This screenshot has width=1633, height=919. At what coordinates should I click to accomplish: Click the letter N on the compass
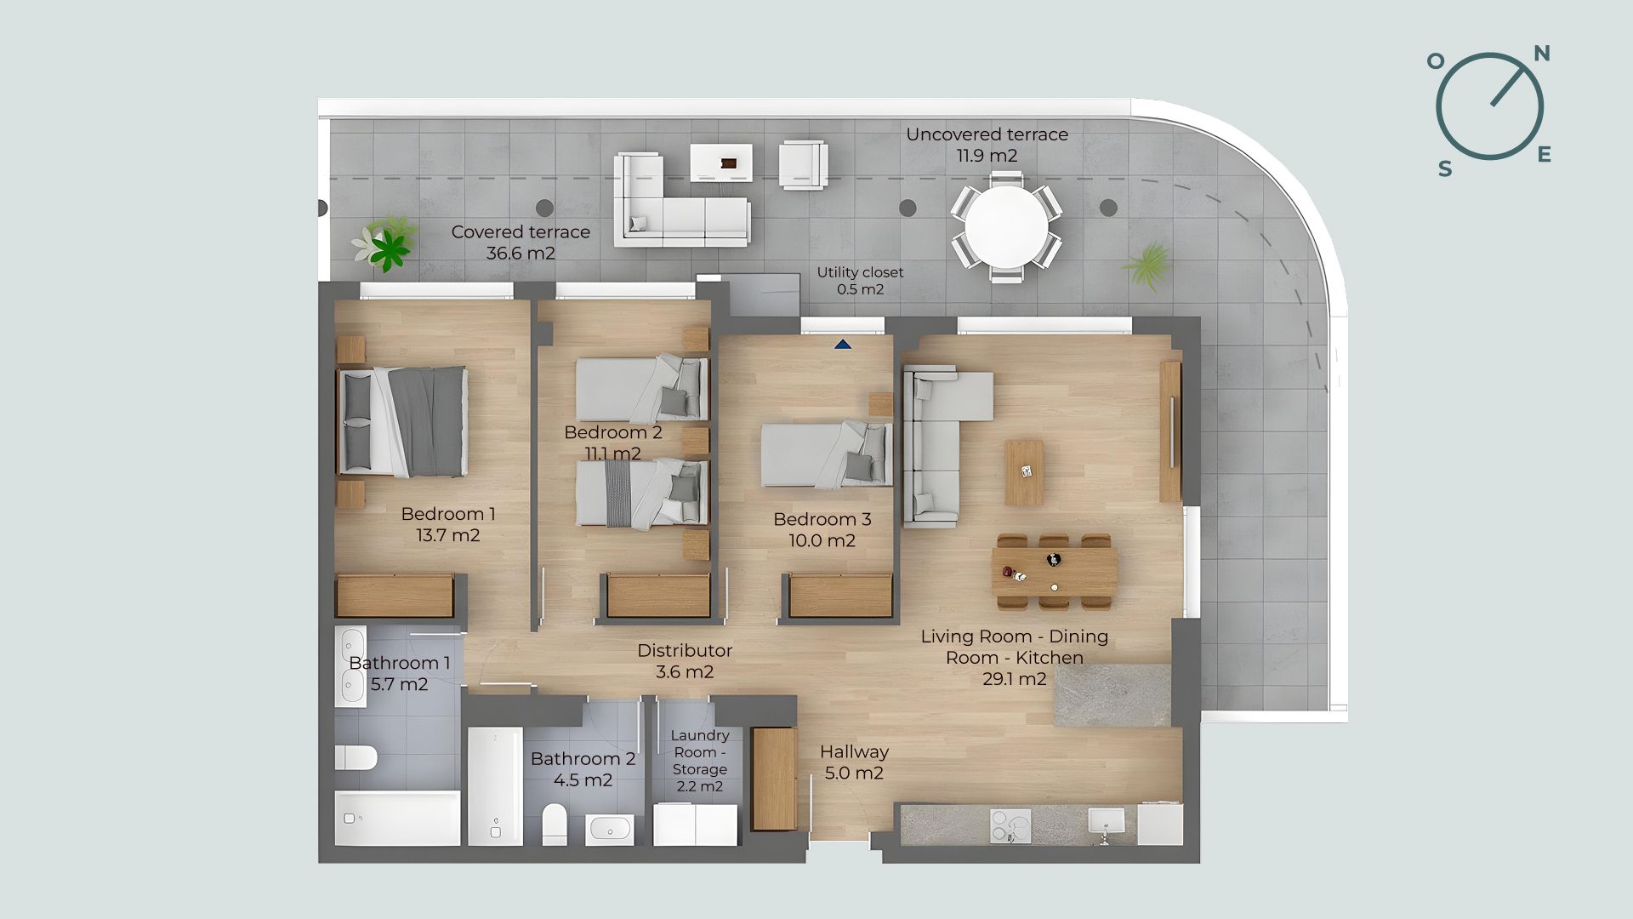pyautogui.click(x=1541, y=54)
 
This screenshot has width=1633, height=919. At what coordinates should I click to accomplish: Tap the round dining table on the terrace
pyautogui.click(x=1006, y=225)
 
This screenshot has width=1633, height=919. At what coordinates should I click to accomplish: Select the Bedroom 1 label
pyautogui.click(x=448, y=524)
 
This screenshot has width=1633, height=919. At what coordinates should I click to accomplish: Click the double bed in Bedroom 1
pyautogui.click(x=403, y=421)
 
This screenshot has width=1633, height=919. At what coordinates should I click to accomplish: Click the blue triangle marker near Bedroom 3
pyautogui.click(x=843, y=345)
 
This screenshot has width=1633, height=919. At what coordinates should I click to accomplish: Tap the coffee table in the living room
pyautogui.click(x=1024, y=472)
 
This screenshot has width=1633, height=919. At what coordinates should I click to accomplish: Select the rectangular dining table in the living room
pyautogui.click(x=1055, y=572)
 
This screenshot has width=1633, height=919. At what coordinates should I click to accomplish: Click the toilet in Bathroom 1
pyautogui.click(x=356, y=757)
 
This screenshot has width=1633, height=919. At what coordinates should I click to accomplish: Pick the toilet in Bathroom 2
pyautogui.click(x=555, y=824)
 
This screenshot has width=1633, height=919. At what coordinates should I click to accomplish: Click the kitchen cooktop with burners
pyautogui.click(x=1011, y=825)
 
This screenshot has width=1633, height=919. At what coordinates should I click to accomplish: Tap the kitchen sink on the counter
pyautogui.click(x=1106, y=821)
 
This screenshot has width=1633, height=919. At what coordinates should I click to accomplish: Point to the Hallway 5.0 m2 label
pyautogui.click(x=854, y=762)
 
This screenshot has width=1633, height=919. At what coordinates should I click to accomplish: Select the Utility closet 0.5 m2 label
pyautogui.click(x=860, y=281)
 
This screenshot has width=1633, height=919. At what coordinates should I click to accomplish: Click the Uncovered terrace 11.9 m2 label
pyautogui.click(x=987, y=145)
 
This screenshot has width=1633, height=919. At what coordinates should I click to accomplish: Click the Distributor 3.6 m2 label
pyautogui.click(x=685, y=661)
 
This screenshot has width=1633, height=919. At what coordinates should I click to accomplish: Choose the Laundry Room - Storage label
pyautogui.click(x=700, y=761)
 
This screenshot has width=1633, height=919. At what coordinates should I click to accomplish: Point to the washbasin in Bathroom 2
pyautogui.click(x=609, y=828)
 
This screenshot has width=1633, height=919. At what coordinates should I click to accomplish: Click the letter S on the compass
pyautogui.click(x=1445, y=168)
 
